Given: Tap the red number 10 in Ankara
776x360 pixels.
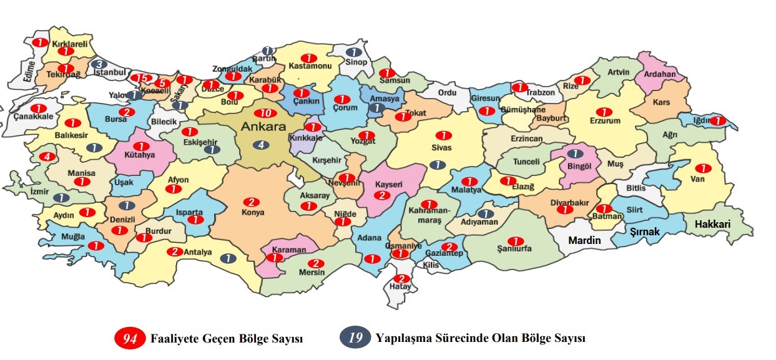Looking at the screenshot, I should click(x=265, y=113).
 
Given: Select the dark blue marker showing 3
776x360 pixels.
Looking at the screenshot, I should click(x=99, y=64).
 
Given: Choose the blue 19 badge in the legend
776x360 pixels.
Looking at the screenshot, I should click(x=354, y=338).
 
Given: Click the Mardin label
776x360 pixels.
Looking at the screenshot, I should click(x=584, y=240).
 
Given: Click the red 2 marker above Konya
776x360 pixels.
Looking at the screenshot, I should click(x=251, y=202).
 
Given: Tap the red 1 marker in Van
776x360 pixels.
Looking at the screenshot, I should click(x=704, y=168).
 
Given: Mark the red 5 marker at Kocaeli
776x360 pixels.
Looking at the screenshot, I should click(x=162, y=83).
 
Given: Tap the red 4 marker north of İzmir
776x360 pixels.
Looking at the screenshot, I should click(x=47, y=157).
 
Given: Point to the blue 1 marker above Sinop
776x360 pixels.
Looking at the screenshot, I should click(x=353, y=52).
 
